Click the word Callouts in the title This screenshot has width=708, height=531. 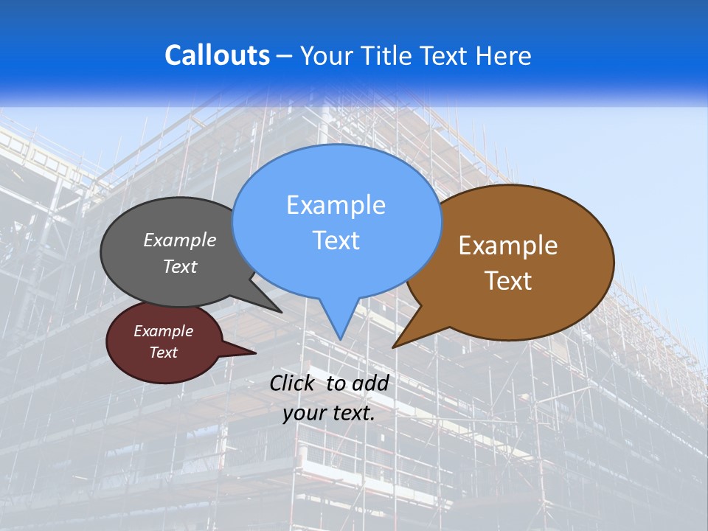(217, 55)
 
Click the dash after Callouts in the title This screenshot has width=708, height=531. (285, 56)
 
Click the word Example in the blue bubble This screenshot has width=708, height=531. (336, 205)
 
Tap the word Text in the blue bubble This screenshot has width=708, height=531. (336, 240)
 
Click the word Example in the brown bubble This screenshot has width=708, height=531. (508, 246)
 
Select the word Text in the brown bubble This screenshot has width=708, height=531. (508, 281)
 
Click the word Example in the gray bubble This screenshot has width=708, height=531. (180, 240)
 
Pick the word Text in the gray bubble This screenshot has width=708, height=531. (180, 266)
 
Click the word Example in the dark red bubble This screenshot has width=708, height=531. (163, 331)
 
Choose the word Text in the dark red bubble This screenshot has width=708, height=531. (163, 353)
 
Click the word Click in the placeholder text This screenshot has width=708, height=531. (293, 383)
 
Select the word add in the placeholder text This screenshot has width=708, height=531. (369, 383)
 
